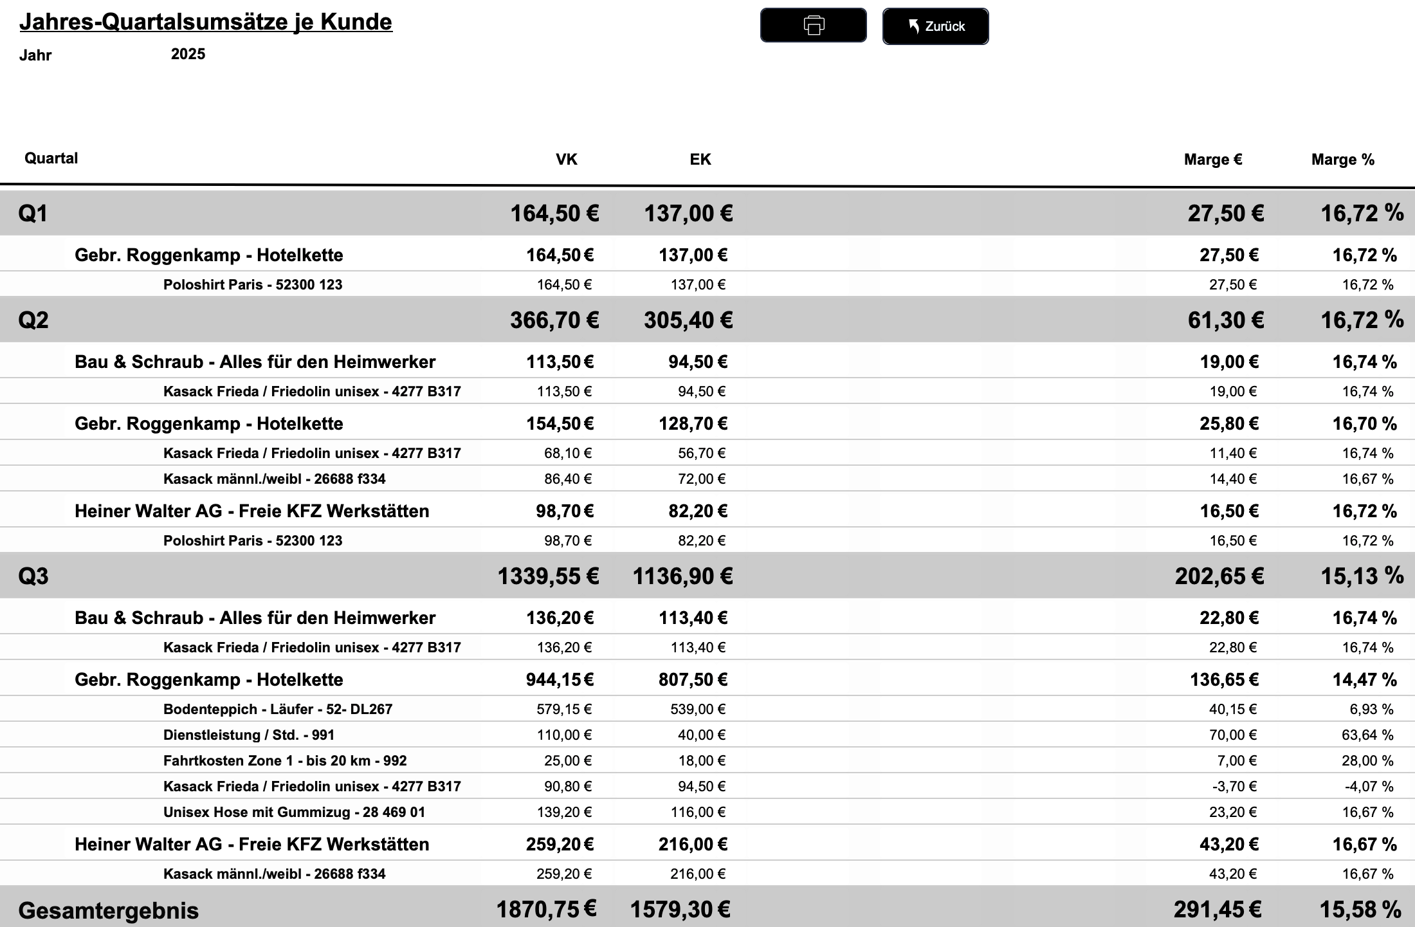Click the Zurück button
coord(935,26)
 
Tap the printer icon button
coord(813,26)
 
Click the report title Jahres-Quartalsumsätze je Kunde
coord(206,22)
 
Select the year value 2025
coord(188,54)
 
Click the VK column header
coord(566,160)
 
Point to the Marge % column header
coord(1342,160)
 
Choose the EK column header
coord(700,160)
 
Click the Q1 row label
coord(33,214)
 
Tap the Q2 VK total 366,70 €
coord(554,320)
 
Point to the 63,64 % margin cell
coord(1367,735)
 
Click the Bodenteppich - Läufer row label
coord(277,709)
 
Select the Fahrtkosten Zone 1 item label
coord(285,760)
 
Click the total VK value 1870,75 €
coord(546,910)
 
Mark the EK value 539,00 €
coord(698,709)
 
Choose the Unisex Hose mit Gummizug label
coord(294,812)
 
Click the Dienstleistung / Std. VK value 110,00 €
coord(564,735)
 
